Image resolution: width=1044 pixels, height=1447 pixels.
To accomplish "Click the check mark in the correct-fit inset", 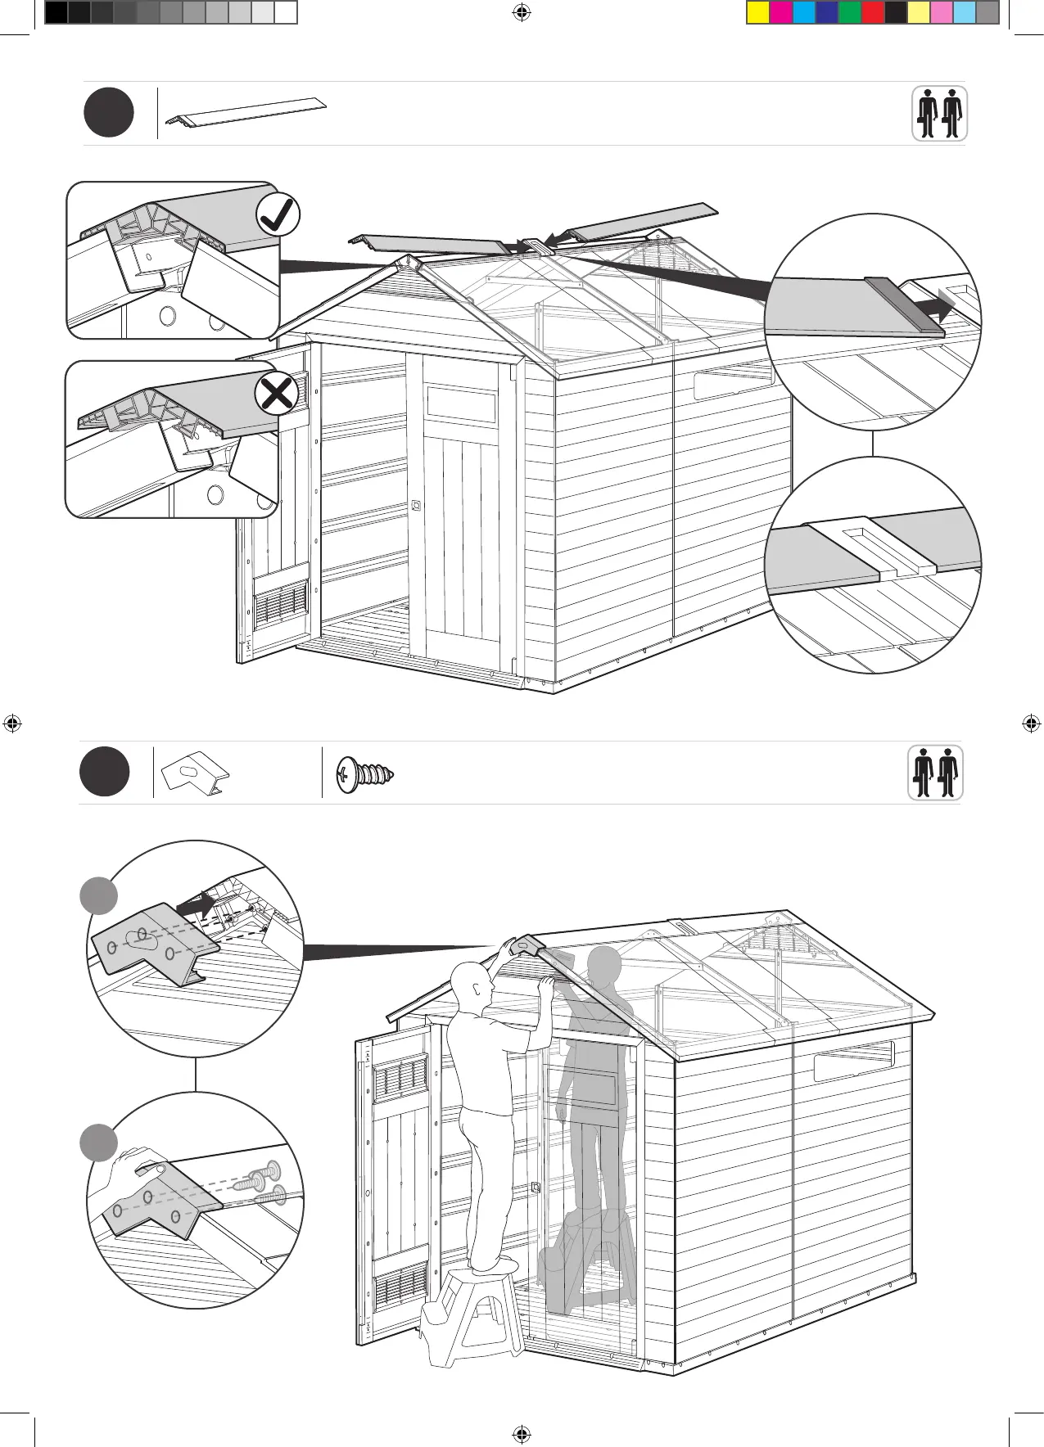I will (278, 215).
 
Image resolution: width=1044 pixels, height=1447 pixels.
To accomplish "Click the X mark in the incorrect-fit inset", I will (277, 394).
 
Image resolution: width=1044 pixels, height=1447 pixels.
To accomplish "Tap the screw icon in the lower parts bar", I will (366, 772).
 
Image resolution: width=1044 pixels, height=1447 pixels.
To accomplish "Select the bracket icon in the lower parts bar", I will (195, 773).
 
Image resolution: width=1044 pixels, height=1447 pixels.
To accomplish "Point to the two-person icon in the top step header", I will (939, 114).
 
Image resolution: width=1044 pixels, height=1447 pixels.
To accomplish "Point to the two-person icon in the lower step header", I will (935, 773).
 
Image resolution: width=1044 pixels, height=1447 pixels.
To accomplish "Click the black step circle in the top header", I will (108, 113).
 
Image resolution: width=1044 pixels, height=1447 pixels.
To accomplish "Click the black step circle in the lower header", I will (105, 772).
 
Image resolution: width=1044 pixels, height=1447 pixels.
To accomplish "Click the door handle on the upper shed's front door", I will (416, 505).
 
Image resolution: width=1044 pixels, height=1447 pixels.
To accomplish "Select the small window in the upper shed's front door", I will (461, 403).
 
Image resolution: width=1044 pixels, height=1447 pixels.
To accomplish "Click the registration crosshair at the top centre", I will (521, 12).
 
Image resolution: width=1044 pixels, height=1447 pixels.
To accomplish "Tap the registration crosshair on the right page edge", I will (1031, 723).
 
